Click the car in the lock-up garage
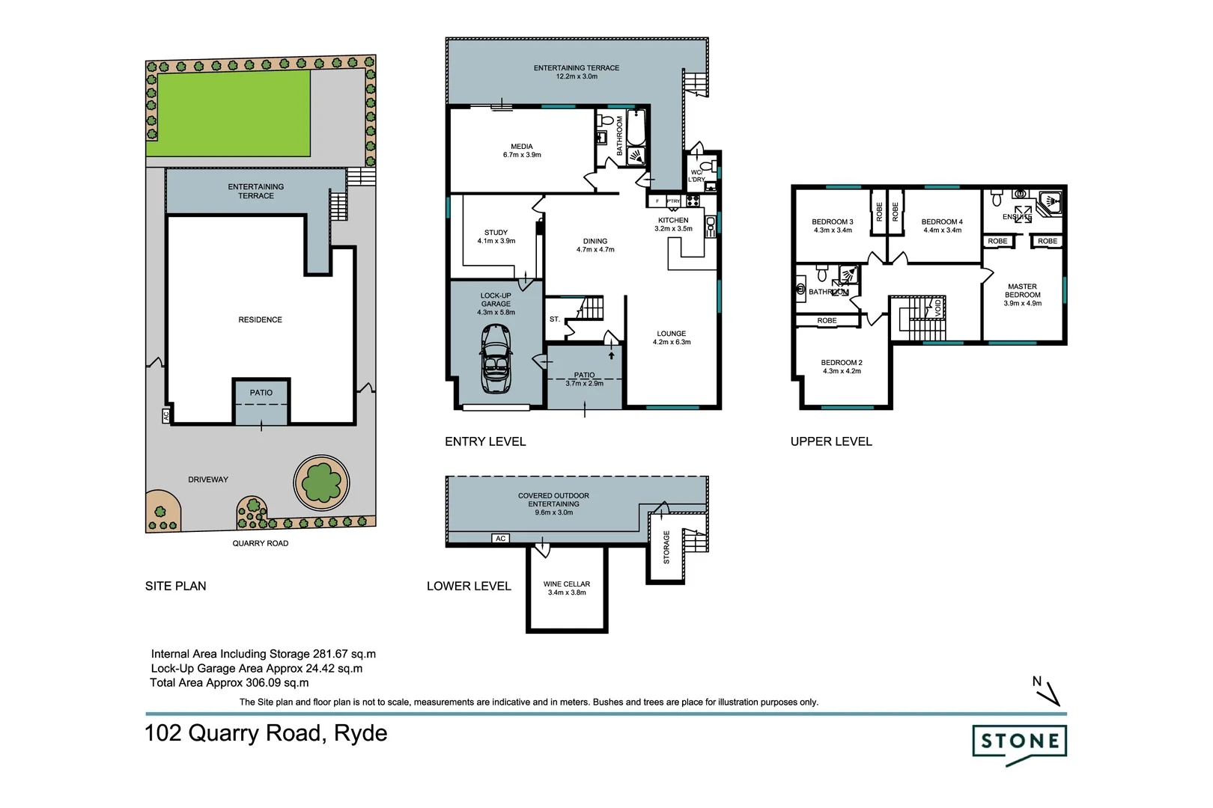[x=495, y=359]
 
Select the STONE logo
[x=1019, y=743]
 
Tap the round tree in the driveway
[x=322, y=482]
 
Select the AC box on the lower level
[x=501, y=539]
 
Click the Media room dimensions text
[x=522, y=155]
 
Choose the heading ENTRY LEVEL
[x=485, y=441]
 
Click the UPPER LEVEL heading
[x=831, y=441]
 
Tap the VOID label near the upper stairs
[x=938, y=307]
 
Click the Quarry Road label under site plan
[x=260, y=543]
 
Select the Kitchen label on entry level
[x=673, y=220]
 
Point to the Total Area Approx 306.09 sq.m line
[x=229, y=682]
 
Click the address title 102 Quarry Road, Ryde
[x=266, y=732]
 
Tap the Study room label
[x=496, y=233]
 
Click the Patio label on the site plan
[x=261, y=393]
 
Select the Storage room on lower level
[x=666, y=547]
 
